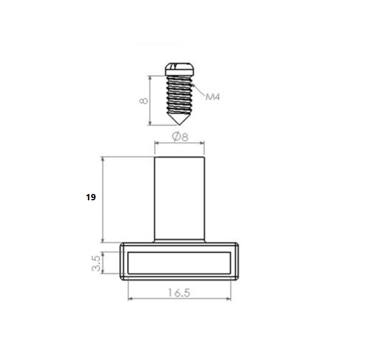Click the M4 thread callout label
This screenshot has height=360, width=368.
213,96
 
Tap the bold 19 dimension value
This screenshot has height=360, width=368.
91,197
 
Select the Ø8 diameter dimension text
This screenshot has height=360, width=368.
180,136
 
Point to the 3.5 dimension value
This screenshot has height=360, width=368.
96,263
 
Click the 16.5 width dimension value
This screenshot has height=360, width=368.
179,293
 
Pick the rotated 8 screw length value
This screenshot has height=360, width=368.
143,100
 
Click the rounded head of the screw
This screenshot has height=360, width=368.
180,69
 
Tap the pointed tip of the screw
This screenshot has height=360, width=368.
180,124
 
